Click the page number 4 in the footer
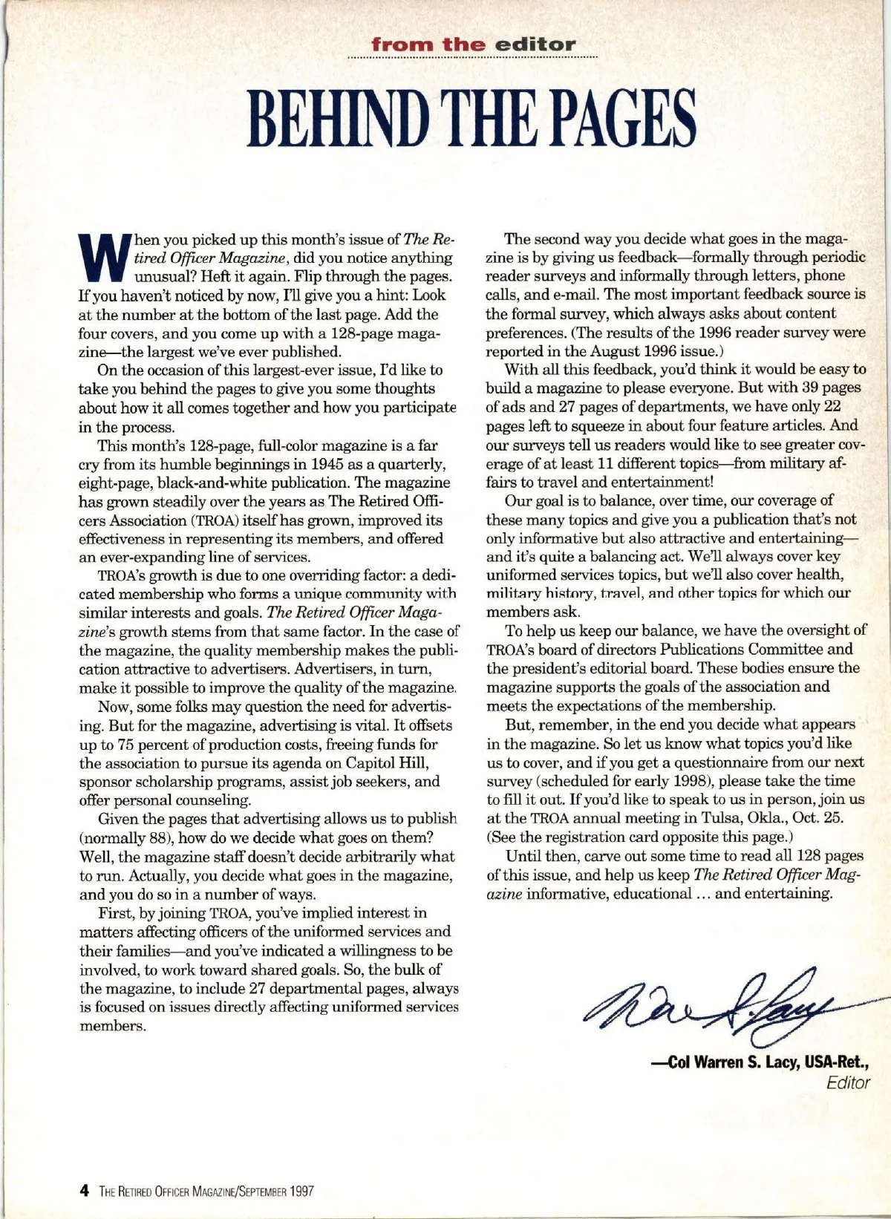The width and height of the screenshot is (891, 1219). (x=84, y=1192)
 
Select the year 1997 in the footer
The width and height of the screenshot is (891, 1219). (x=301, y=1192)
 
